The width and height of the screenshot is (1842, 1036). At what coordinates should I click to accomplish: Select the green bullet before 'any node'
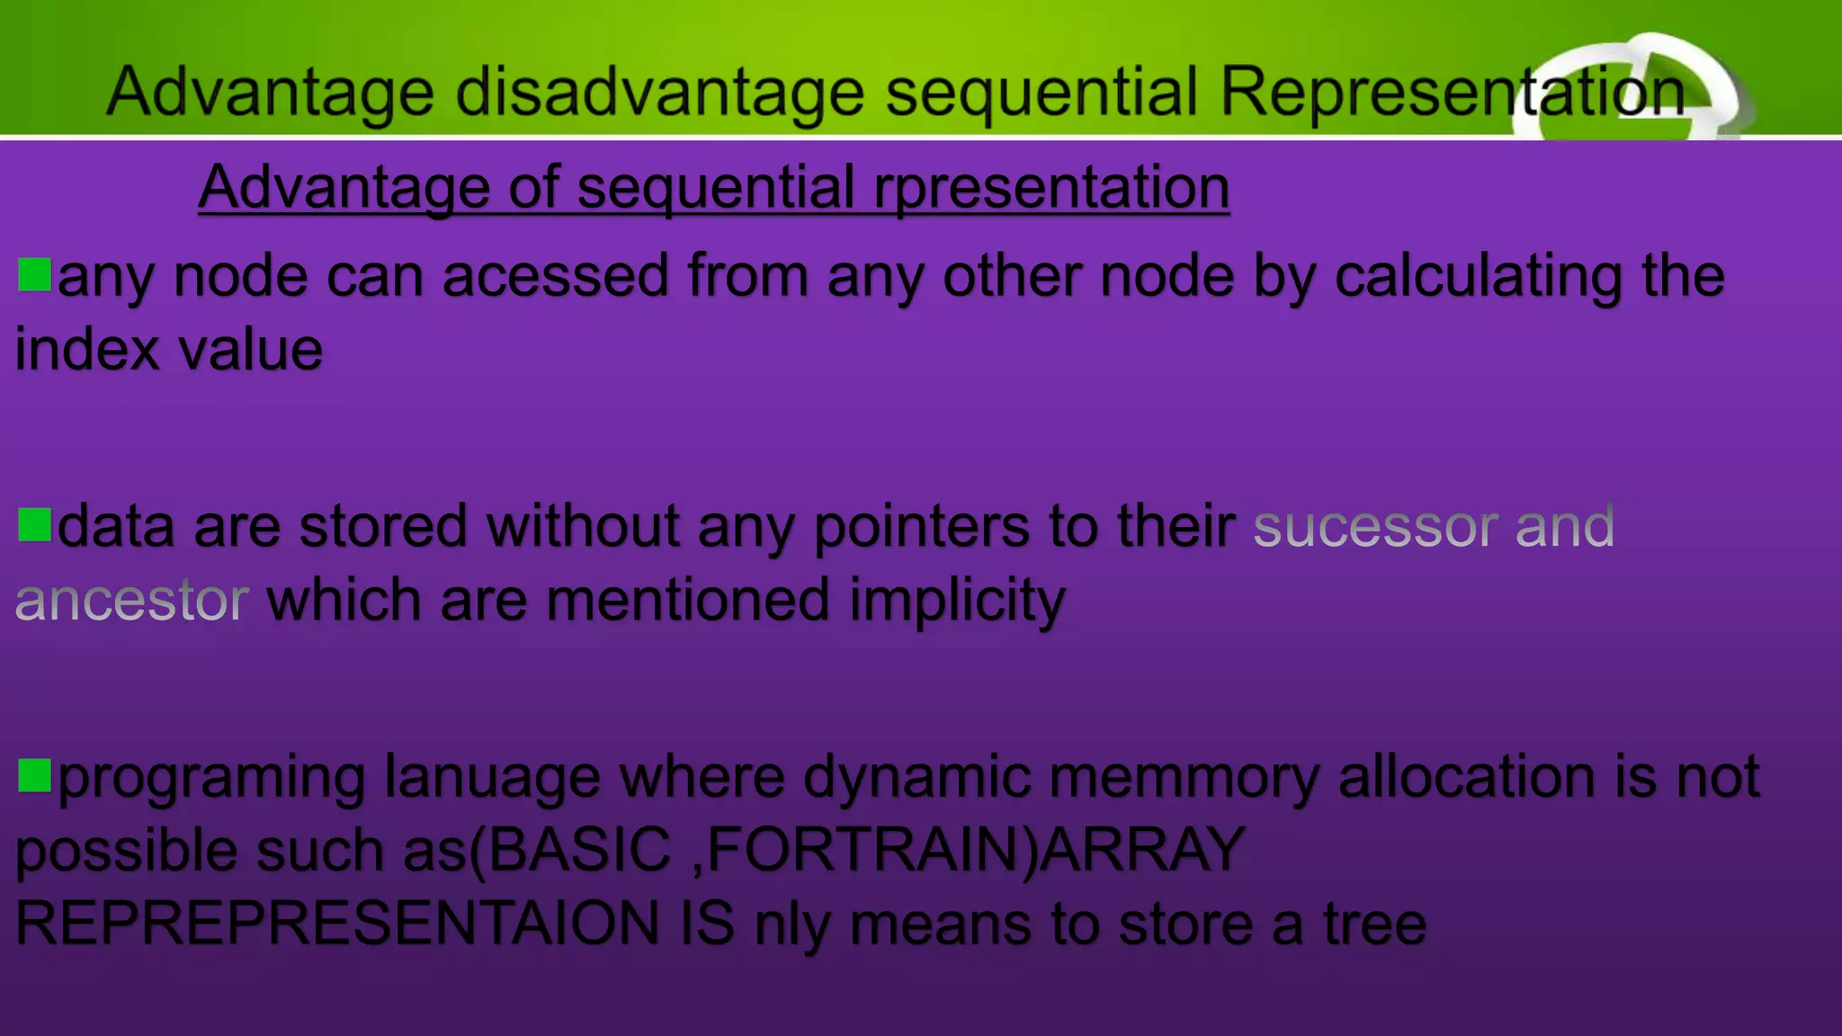tap(34, 274)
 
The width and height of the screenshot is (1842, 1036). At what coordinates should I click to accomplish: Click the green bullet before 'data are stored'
tap(34, 524)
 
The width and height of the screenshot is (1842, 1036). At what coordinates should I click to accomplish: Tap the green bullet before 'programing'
tap(34, 774)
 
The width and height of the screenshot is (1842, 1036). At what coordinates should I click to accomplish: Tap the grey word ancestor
tap(131, 600)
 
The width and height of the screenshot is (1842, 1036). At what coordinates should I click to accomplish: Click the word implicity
tap(957, 601)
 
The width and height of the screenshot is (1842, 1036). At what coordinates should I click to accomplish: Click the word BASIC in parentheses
tap(579, 850)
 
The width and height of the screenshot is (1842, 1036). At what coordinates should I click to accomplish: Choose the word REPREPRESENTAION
tap(337, 924)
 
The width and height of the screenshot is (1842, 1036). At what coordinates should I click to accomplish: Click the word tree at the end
tap(1374, 924)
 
